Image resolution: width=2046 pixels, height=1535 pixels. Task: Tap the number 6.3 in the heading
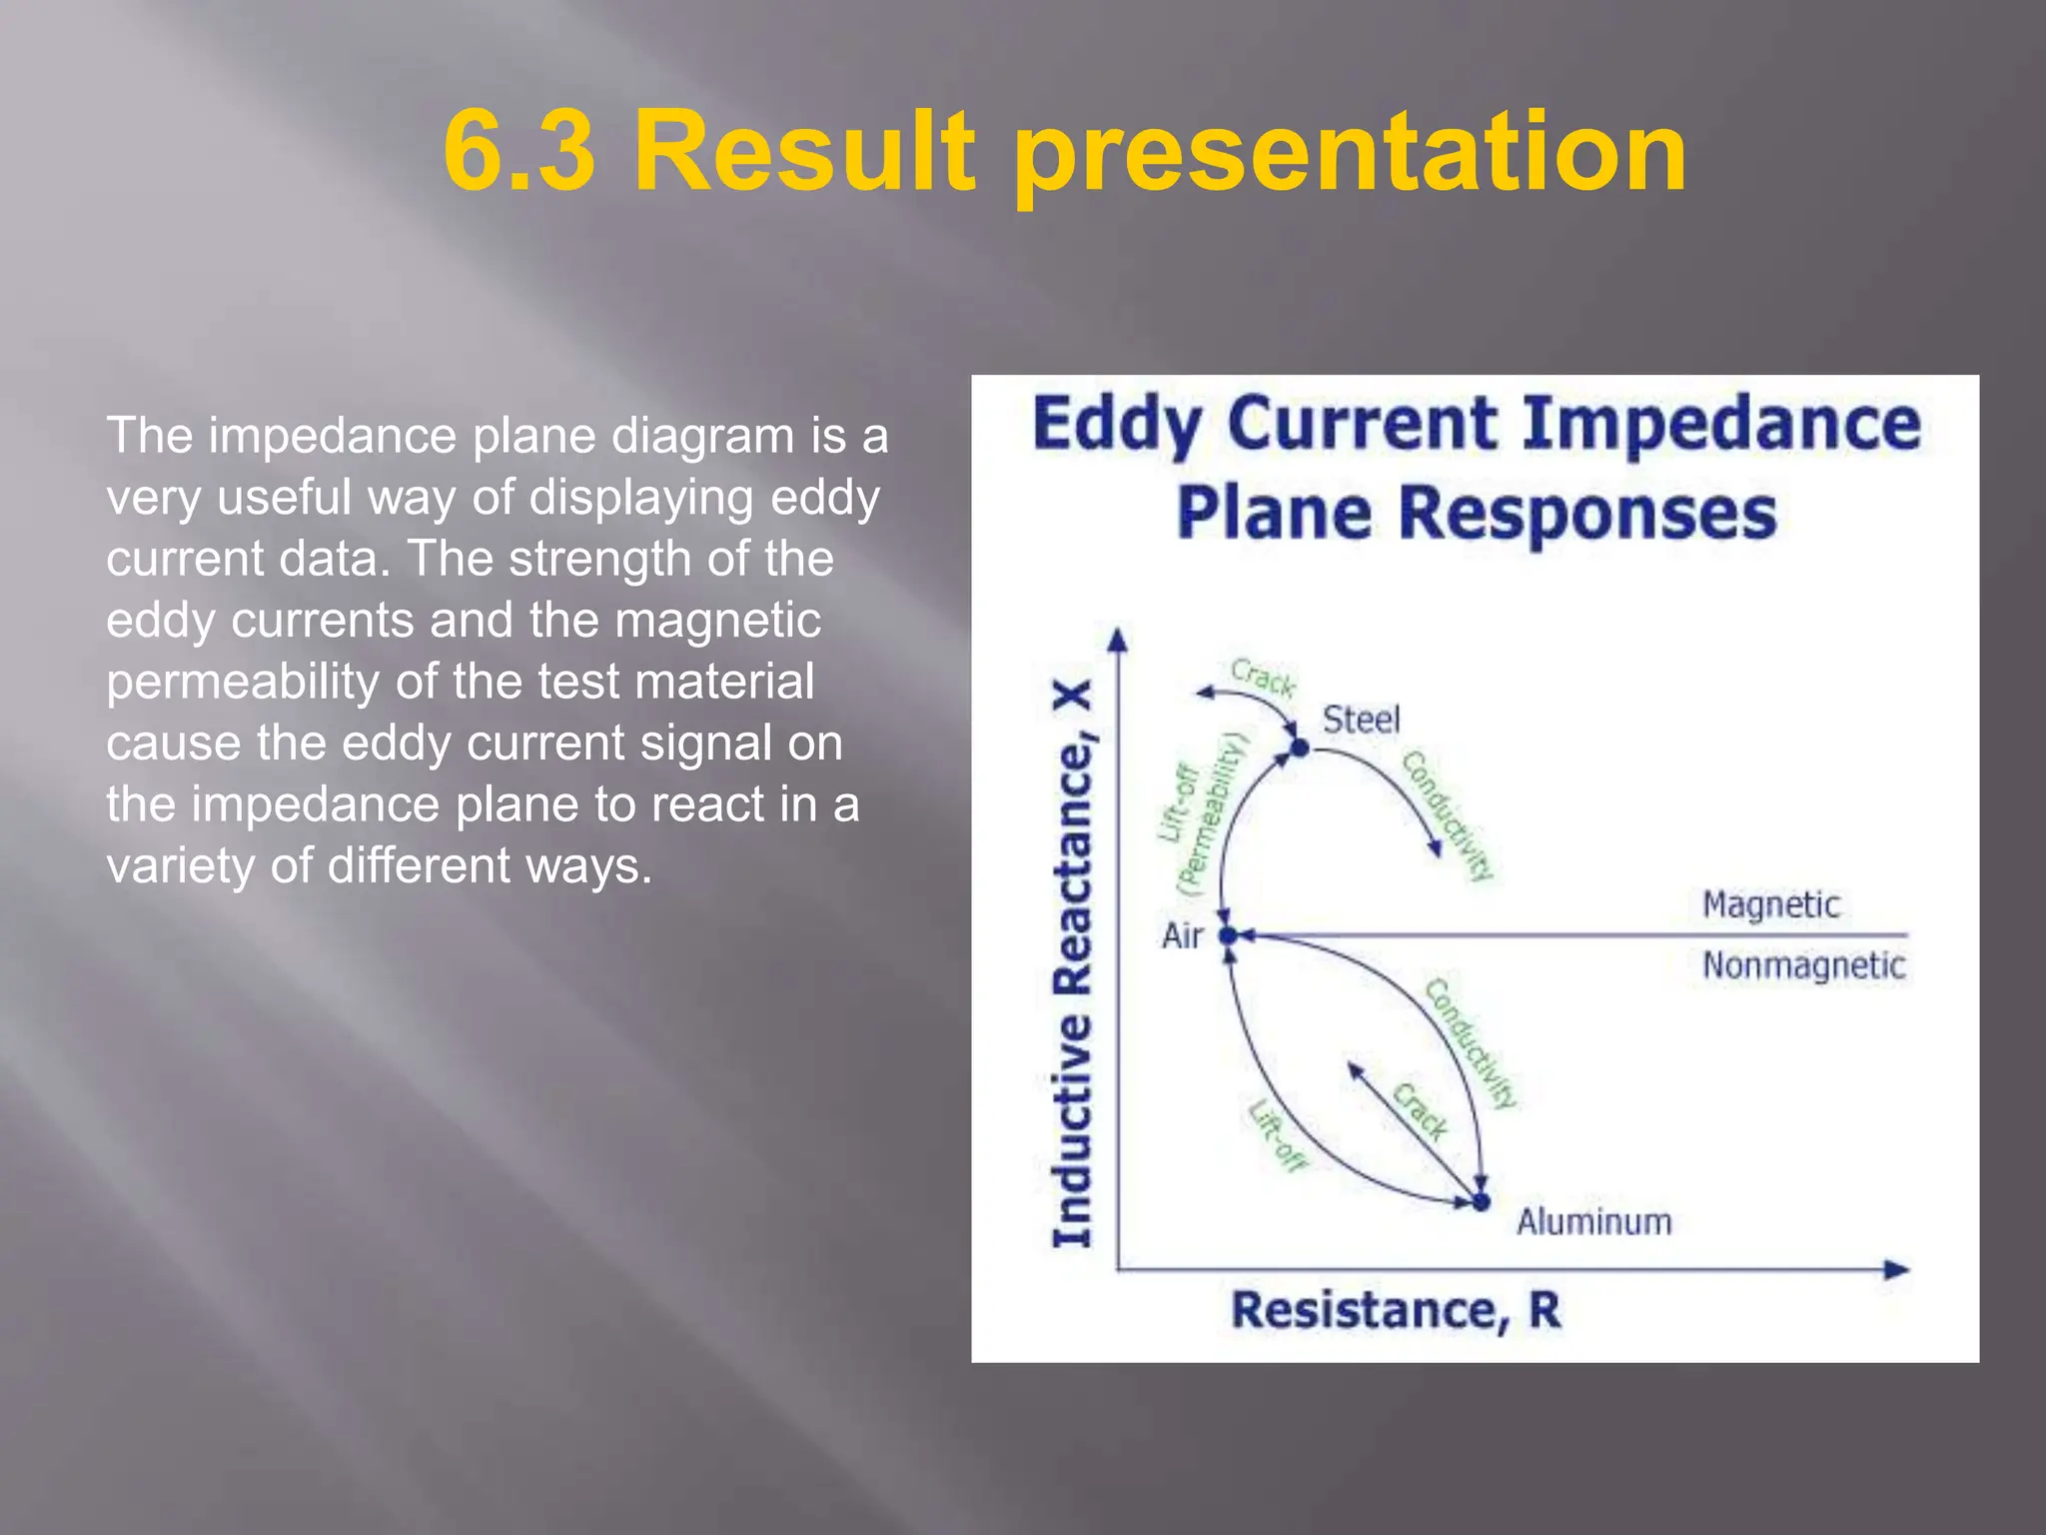pyautogui.click(x=519, y=152)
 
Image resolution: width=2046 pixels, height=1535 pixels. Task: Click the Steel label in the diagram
pyautogui.click(x=1361, y=719)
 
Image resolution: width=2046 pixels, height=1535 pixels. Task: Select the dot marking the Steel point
pyautogui.click(x=1299, y=747)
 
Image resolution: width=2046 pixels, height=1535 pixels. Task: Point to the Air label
pyautogui.click(x=1182, y=935)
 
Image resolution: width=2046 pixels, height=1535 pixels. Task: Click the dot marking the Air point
pyautogui.click(x=1229, y=935)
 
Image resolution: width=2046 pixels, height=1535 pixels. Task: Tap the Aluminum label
pyautogui.click(x=1593, y=1221)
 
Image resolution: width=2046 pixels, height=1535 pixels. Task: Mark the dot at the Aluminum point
pyautogui.click(x=1481, y=1201)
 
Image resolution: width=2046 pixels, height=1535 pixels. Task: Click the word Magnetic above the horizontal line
pyautogui.click(x=1770, y=904)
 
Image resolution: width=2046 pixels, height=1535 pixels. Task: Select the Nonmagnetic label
pyautogui.click(x=1803, y=965)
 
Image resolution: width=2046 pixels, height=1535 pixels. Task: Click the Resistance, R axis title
pyautogui.click(x=1395, y=1310)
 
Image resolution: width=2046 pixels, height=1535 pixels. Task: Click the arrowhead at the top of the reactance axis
pyautogui.click(x=1119, y=640)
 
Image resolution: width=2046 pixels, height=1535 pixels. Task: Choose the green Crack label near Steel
pyautogui.click(x=1263, y=678)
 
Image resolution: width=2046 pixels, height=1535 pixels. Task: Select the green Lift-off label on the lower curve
pyautogui.click(x=1277, y=1135)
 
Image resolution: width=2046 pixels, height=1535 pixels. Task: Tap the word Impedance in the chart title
pyautogui.click(x=1720, y=424)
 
